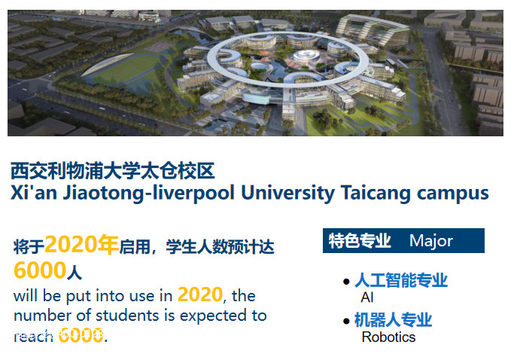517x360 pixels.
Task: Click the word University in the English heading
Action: point(287,193)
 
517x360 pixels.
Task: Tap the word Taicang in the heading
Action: point(376,193)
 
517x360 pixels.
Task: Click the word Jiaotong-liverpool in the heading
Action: point(148,193)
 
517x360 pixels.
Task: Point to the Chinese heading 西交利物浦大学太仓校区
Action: point(113,171)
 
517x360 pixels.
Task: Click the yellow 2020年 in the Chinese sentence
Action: point(82,244)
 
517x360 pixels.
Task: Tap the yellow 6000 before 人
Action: point(40,270)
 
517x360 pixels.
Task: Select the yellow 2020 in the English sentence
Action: point(200,294)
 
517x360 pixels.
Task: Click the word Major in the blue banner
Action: point(431,241)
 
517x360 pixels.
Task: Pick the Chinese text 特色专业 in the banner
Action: point(360,240)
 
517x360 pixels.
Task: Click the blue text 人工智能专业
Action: point(401,280)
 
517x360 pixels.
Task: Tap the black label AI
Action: point(367,297)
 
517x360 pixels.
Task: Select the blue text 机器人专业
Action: point(393,320)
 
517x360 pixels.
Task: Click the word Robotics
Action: point(388,337)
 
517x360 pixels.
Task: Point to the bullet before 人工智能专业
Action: point(346,282)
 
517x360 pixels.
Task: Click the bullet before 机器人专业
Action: point(346,321)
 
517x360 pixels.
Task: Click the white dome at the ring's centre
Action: point(306,56)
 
